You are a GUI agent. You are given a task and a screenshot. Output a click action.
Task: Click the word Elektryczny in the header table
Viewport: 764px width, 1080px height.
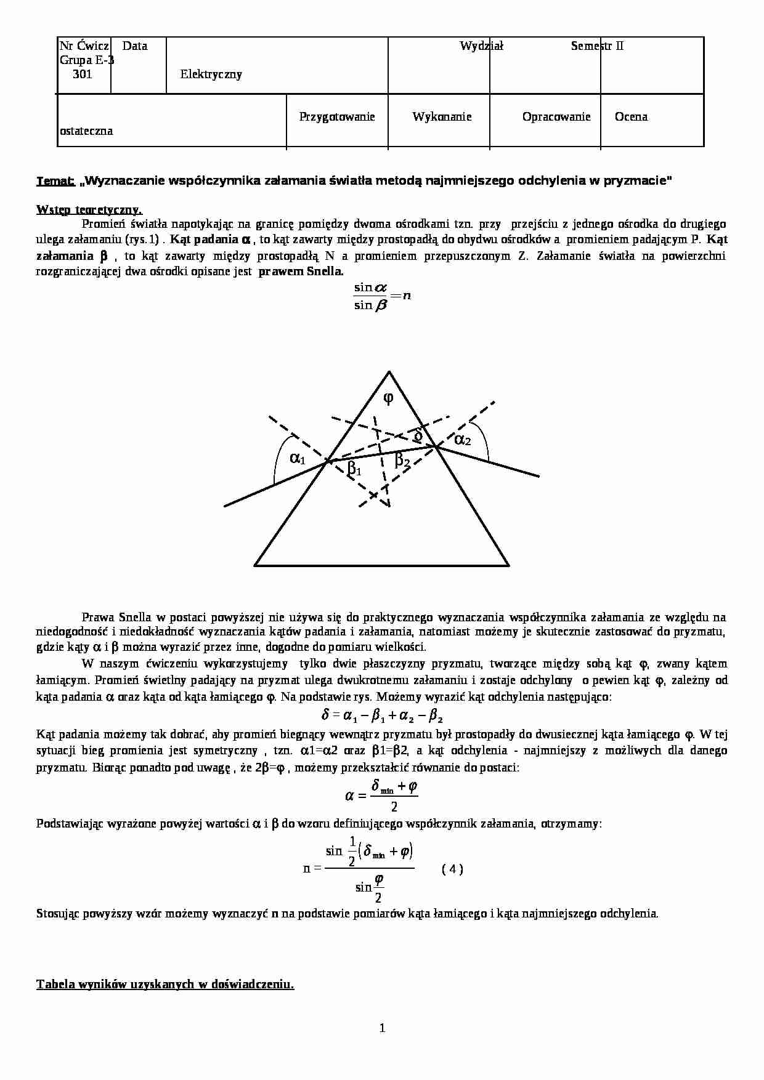coord(211,75)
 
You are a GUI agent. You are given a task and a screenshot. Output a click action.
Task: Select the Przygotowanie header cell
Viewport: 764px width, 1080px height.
coord(337,117)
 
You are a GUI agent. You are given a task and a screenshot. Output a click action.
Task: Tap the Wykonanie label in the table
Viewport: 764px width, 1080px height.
coord(442,117)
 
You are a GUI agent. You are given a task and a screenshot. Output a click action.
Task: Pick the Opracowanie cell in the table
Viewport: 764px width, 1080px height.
coord(556,117)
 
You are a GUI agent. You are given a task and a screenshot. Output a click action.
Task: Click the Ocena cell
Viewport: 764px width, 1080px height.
coord(631,117)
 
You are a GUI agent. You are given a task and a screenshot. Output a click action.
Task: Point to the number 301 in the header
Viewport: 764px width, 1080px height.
coord(83,75)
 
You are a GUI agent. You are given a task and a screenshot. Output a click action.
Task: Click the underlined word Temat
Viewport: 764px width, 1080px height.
coord(55,181)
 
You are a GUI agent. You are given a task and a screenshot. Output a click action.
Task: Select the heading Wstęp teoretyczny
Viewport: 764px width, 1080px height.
coord(89,209)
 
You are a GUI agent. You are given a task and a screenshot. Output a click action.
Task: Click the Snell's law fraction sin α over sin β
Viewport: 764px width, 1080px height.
coord(372,296)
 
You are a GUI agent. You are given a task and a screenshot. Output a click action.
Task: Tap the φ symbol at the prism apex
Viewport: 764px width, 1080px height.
coord(388,398)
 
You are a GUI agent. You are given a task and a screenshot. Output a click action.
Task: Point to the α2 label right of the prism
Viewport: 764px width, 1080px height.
coord(462,440)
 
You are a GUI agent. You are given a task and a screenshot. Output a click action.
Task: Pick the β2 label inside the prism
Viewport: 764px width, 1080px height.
coord(402,459)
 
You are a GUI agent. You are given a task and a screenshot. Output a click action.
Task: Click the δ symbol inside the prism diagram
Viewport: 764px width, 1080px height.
coord(418,436)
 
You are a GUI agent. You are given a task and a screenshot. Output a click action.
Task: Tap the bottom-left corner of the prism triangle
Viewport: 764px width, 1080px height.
coord(256,564)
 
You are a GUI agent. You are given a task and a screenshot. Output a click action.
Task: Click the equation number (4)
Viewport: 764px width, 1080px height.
coord(453,869)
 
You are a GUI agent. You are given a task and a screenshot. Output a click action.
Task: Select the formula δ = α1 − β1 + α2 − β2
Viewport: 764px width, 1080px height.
coord(382,715)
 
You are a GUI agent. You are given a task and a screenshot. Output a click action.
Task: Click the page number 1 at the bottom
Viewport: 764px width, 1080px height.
coord(382,1028)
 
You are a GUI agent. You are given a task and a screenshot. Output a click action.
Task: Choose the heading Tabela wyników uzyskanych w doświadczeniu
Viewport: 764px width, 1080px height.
coord(165,984)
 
